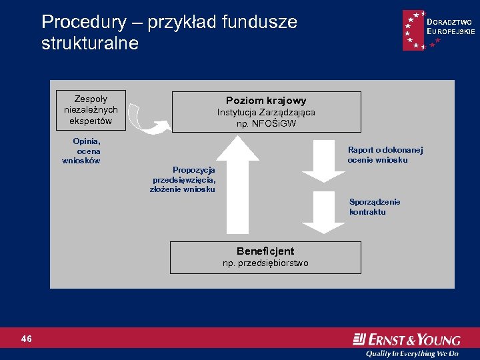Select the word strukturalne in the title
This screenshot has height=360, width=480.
point(90,44)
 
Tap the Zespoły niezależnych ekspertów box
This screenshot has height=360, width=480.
point(91,109)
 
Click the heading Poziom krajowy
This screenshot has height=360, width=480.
point(266,101)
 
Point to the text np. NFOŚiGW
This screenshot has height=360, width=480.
point(266,123)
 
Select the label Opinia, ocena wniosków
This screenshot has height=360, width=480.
point(83,151)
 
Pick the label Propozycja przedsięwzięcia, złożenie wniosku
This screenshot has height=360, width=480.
point(183,179)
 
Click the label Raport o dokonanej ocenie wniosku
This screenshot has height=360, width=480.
point(385,155)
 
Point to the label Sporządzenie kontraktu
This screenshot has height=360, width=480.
point(374,207)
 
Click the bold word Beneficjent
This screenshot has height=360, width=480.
point(265,251)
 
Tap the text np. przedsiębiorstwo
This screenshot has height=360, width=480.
point(265,263)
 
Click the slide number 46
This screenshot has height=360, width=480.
point(27,339)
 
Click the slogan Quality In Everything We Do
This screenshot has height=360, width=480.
point(417,353)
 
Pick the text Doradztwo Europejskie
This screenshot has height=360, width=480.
point(451,27)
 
